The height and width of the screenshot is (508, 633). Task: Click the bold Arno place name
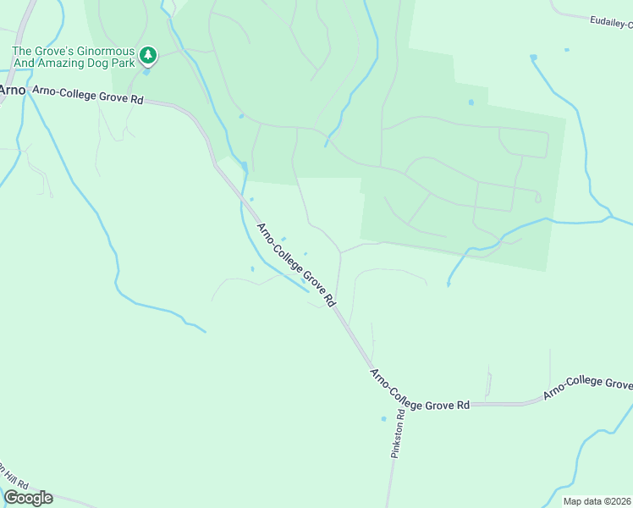pyautogui.click(x=12, y=90)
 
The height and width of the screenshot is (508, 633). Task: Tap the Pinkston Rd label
pyautogui.click(x=398, y=430)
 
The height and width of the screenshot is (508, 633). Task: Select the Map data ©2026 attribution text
pyautogui.click(x=597, y=501)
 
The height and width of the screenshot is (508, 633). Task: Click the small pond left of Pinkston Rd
pyautogui.click(x=383, y=418)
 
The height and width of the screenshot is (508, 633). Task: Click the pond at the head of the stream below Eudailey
pyautogui.click(x=533, y=58)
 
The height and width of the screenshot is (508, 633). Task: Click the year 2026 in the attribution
pyautogui.click(x=621, y=501)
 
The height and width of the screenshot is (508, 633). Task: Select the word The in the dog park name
pyautogui.click(x=22, y=52)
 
